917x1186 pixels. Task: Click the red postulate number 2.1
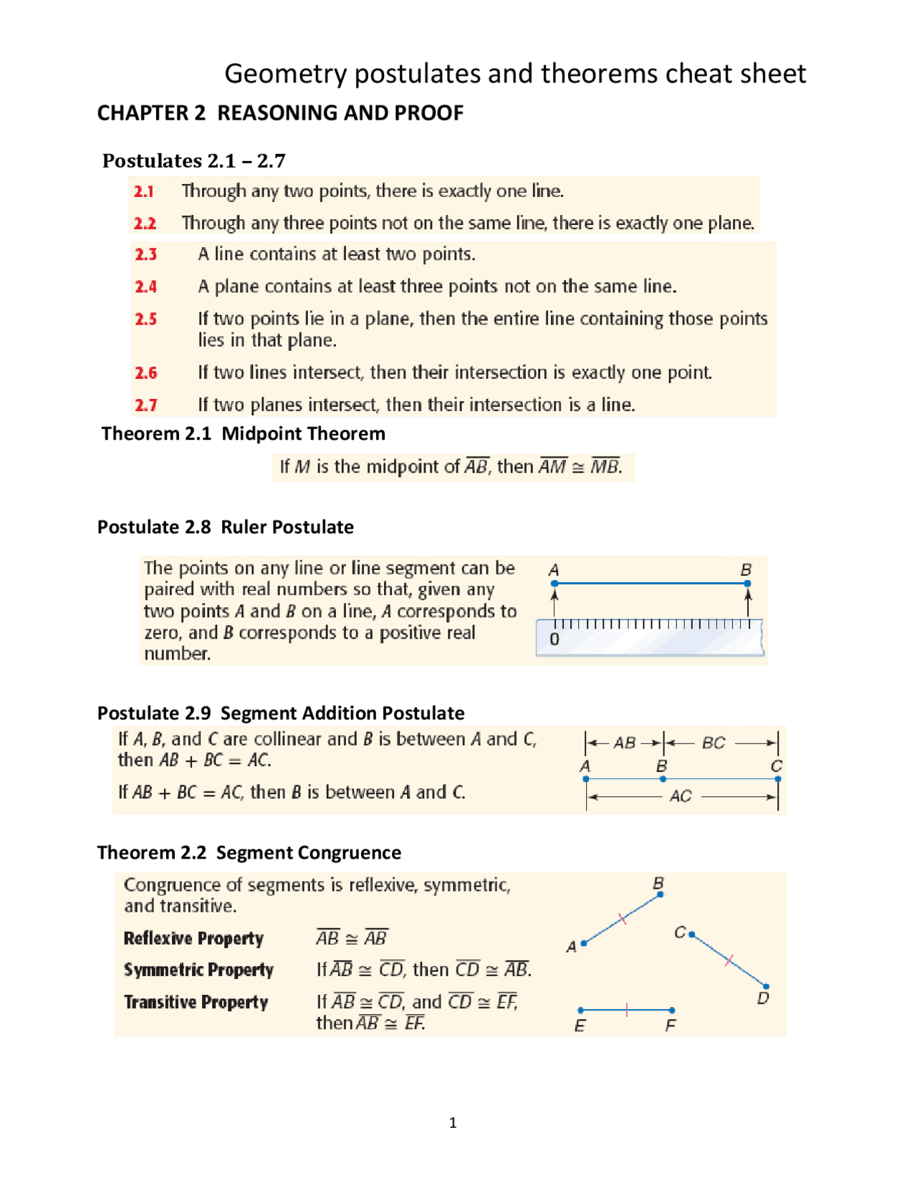(144, 191)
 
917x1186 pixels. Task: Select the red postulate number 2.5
(146, 319)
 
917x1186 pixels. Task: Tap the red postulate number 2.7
(146, 405)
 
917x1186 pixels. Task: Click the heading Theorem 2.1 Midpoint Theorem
(243, 434)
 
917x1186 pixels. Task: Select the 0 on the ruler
(554, 639)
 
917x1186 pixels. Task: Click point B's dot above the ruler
(747, 584)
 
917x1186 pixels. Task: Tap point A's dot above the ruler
(554, 584)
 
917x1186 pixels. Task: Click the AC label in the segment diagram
(681, 796)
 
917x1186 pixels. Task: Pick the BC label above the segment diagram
(714, 743)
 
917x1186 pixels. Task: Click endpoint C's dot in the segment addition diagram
(778, 778)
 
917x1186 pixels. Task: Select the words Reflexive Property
(193, 938)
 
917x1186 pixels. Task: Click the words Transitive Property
(196, 1002)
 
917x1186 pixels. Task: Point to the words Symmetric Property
(198, 970)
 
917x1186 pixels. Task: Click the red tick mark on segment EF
(627, 1010)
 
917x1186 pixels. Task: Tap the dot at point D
(766, 987)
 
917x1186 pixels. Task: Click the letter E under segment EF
(580, 1026)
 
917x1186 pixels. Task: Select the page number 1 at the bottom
(453, 1122)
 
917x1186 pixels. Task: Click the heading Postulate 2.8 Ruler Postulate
(226, 527)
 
